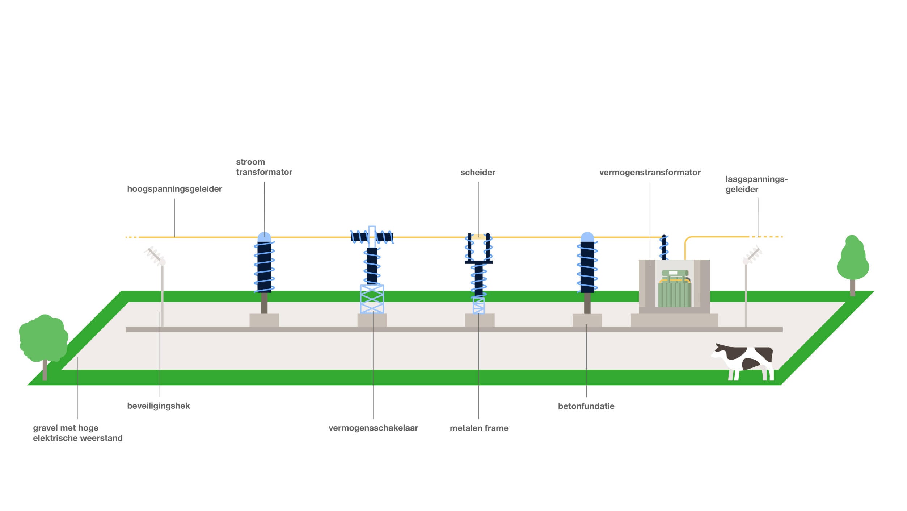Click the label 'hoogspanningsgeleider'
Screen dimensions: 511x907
[x=174, y=189]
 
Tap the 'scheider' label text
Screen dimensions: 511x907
[x=478, y=173]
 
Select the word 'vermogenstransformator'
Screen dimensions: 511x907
[x=650, y=173]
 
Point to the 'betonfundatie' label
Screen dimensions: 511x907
[x=586, y=406]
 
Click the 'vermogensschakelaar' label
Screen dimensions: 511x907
[x=373, y=428]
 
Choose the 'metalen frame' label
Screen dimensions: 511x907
[x=479, y=428]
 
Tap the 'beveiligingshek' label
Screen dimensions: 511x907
[x=159, y=406]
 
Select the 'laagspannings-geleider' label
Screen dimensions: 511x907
[x=756, y=184]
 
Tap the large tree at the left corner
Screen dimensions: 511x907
[x=43, y=339]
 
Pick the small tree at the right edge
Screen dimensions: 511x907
[x=853, y=259]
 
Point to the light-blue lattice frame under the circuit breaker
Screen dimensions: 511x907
[x=372, y=299]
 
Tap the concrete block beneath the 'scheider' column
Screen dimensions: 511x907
[x=480, y=320]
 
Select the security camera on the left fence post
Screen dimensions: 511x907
[x=155, y=255]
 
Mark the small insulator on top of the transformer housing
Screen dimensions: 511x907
[x=664, y=247]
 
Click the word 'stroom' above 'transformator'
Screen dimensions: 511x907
[x=250, y=162]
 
